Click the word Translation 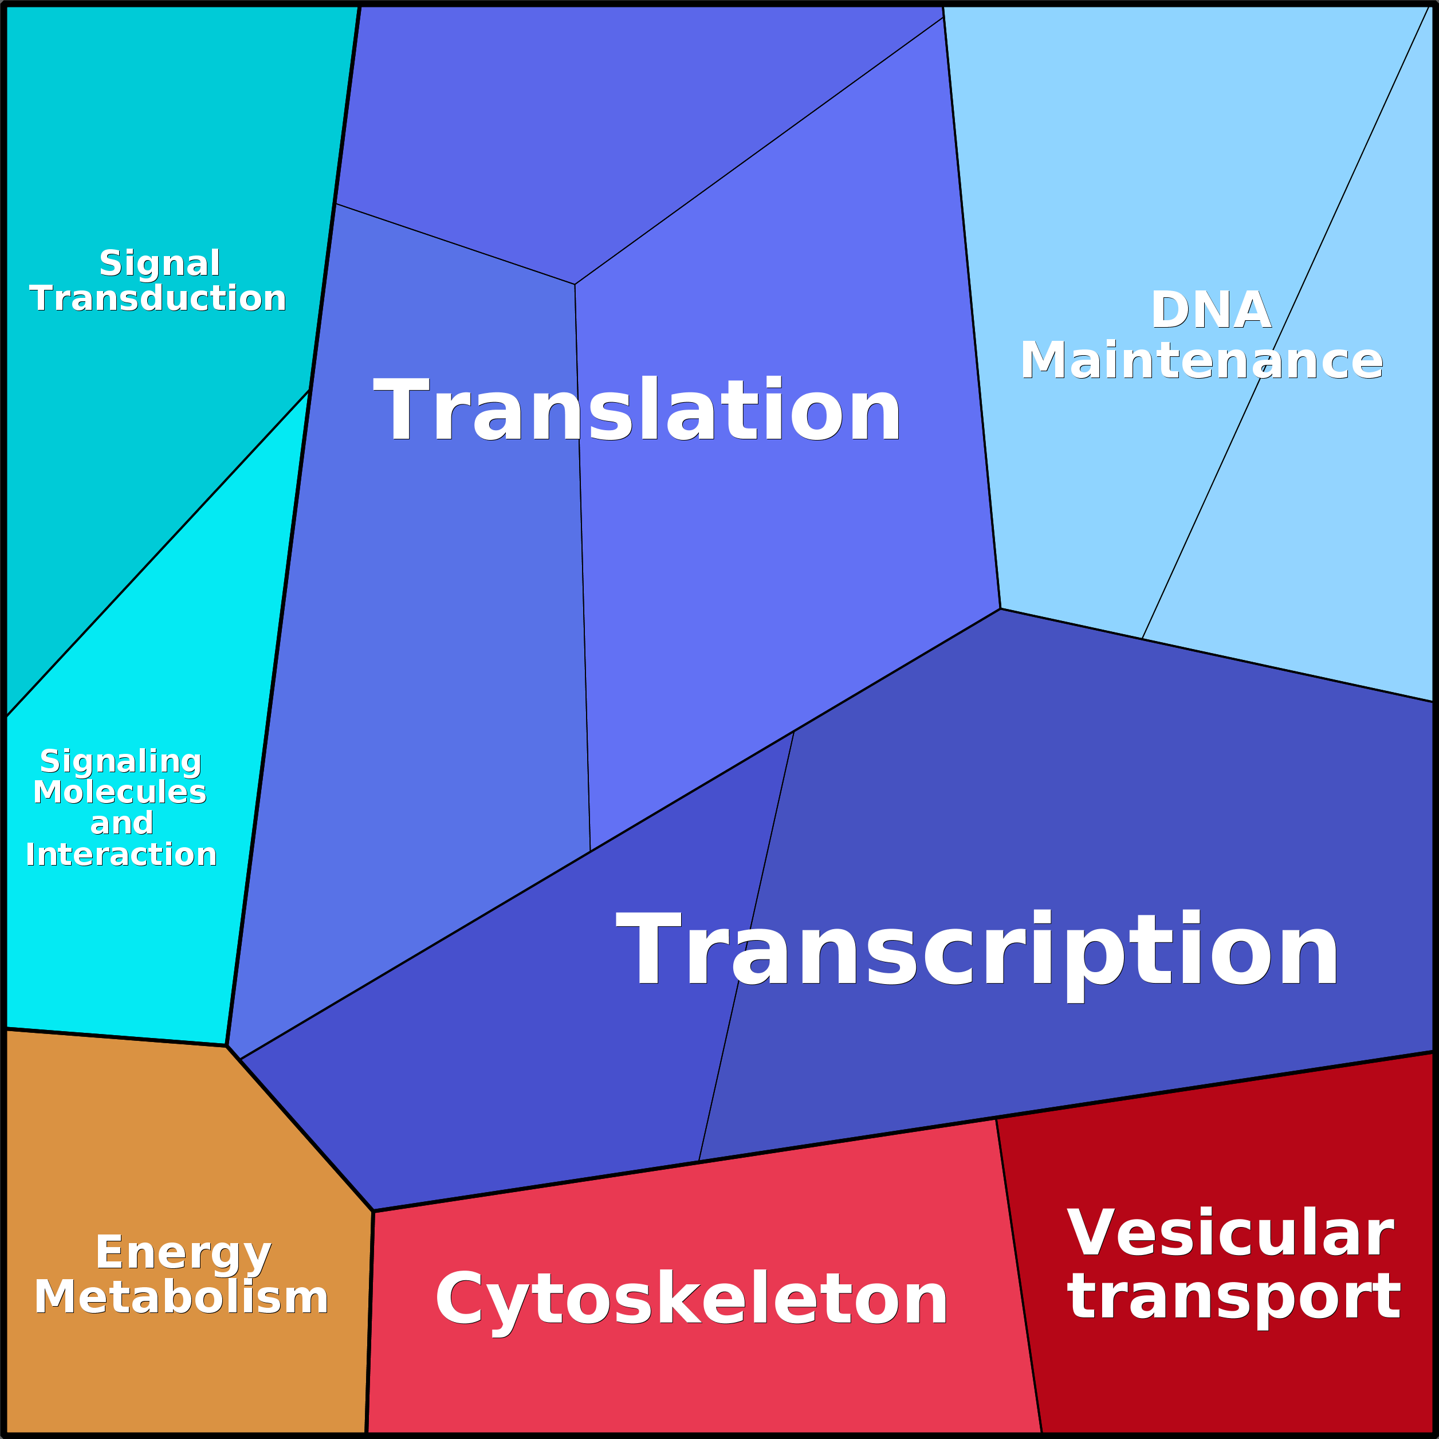[637, 409]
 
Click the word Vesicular [1230, 1233]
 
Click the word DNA [1210, 310]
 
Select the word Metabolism [181, 1298]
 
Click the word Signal [159, 263]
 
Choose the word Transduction [158, 298]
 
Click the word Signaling [121, 762]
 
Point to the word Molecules [120, 792]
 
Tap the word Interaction [121, 854]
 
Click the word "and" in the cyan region [121, 824]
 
